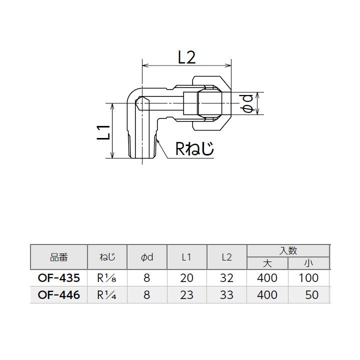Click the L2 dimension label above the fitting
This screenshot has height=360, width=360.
pyautogui.click(x=186, y=57)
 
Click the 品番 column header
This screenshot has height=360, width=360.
pyautogui.click(x=59, y=257)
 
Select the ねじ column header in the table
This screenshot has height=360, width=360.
pyautogui.click(x=107, y=257)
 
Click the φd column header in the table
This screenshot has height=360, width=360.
pyautogui.click(x=146, y=257)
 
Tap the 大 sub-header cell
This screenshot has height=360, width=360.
pyautogui.click(x=267, y=263)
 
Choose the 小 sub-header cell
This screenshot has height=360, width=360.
pyautogui.click(x=308, y=263)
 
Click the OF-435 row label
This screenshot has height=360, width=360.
pyautogui.click(x=59, y=278)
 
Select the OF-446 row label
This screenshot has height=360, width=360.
pyautogui.click(x=59, y=295)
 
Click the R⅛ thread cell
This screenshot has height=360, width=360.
pyautogui.click(x=107, y=278)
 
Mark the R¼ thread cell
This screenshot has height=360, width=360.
pyautogui.click(x=107, y=295)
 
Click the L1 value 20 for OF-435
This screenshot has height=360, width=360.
pyautogui.click(x=186, y=278)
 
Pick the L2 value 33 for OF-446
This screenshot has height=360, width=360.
pyautogui.click(x=226, y=295)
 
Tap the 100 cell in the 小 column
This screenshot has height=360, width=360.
pyautogui.click(x=308, y=278)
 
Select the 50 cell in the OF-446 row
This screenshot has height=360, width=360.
pyautogui.click(x=311, y=295)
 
